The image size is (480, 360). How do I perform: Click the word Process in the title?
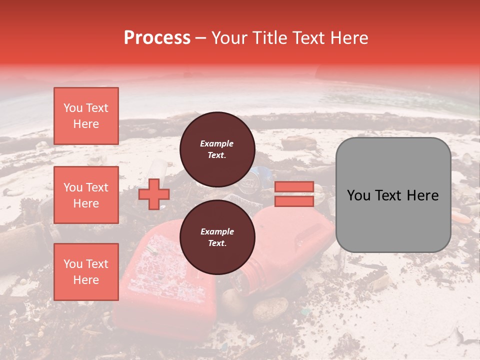[157, 37]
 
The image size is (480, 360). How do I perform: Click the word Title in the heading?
[267, 37]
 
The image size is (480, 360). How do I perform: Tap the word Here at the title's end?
[348, 37]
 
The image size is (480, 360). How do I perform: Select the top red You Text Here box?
[86, 116]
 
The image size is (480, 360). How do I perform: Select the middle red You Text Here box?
[86, 195]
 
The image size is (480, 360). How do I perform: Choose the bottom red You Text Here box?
[86, 271]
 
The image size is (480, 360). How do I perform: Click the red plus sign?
[153, 194]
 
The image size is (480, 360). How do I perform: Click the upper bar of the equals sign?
[294, 187]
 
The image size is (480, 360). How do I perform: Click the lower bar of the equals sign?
[294, 201]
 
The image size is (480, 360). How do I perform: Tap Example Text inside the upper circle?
[217, 149]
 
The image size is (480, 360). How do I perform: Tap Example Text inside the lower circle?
[217, 237]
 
